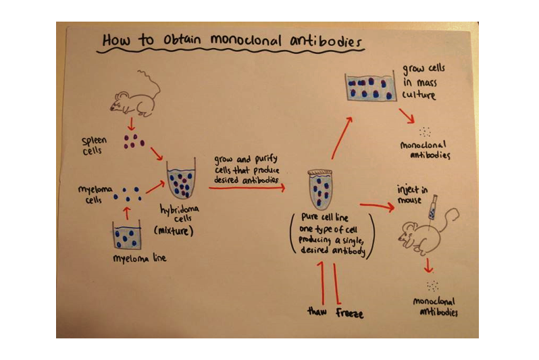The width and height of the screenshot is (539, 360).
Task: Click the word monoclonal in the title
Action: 246,41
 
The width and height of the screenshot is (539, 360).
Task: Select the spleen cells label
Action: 94,145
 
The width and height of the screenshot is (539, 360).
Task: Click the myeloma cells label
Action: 95,195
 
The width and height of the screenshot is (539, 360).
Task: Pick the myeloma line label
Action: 140,258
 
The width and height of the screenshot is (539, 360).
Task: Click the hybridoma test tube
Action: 182,179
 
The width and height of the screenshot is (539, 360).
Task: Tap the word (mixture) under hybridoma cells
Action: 174,230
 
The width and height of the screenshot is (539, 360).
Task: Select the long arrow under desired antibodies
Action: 247,188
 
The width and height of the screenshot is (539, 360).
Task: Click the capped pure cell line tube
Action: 320,189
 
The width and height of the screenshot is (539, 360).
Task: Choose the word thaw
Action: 317,311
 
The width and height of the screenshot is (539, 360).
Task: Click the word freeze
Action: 349,313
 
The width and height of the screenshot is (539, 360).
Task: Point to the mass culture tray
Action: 371,87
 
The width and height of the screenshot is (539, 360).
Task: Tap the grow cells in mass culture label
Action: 423,82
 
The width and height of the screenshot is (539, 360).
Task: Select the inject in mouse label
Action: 412,195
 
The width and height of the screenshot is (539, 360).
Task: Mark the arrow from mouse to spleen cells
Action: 130,124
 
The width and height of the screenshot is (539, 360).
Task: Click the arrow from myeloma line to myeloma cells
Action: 127,213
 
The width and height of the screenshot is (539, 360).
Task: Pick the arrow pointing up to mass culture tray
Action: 342,138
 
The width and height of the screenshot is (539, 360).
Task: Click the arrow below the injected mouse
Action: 428,265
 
